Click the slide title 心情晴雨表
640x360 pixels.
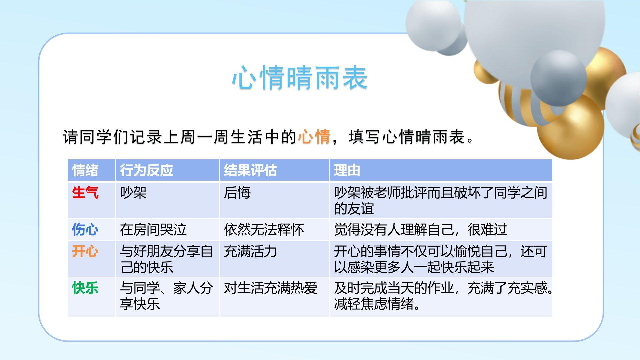tap(300, 78)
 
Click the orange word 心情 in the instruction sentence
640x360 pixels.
tap(314, 137)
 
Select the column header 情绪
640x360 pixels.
tap(85, 170)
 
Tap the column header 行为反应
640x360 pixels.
tap(147, 170)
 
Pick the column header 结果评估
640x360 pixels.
tap(250, 170)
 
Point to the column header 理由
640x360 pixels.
tap(347, 170)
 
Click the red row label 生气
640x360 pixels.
tap(85, 193)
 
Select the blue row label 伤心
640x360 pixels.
tap(85, 230)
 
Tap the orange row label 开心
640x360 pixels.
tap(85, 251)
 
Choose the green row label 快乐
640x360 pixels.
tap(85, 288)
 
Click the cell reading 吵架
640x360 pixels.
tap(133, 193)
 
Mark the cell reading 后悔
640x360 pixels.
tap(237, 193)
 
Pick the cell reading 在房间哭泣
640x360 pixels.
tap(153, 230)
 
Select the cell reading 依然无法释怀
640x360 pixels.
tap(264, 230)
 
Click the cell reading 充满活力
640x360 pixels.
tap(250, 251)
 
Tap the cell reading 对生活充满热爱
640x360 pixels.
tap(270, 288)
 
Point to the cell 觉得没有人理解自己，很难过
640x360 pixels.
tap(421, 230)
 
